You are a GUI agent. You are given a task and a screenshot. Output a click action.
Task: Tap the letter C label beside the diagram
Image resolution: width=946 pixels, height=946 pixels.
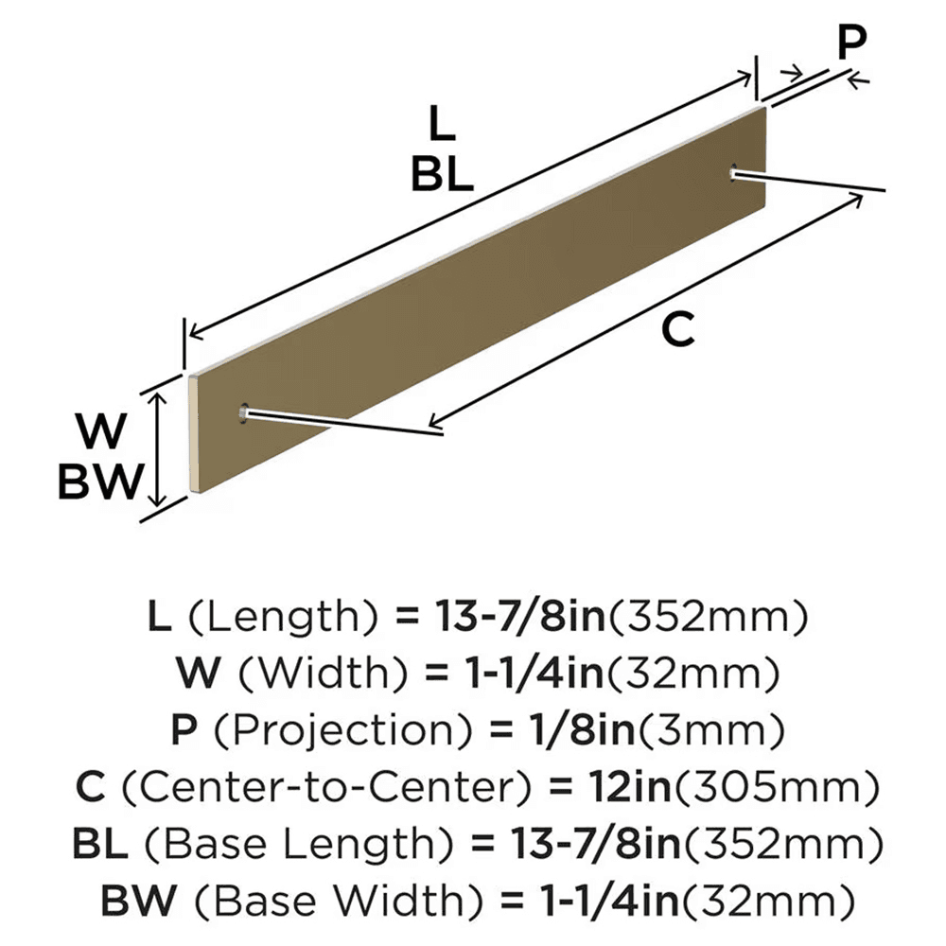(677, 330)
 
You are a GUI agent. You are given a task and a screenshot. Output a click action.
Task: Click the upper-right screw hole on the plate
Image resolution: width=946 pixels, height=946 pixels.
(735, 171)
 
